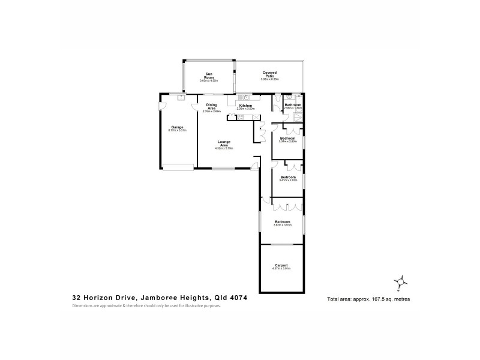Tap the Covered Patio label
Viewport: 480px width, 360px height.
click(x=268, y=74)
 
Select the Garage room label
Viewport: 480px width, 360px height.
click(x=177, y=128)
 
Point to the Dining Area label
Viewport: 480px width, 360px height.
click(x=211, y=107)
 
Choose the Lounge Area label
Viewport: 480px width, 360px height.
click(x=224, y=143)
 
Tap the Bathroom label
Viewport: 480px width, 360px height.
click(x=293, y=105)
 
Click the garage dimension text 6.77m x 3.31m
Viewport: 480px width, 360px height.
click(x=177, y=131)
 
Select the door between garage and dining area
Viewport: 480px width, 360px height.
click(x=196, y=108)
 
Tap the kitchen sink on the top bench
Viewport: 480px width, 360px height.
click(x=245, y=97)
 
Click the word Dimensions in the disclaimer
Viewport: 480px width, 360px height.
click(x=83, y=306)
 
